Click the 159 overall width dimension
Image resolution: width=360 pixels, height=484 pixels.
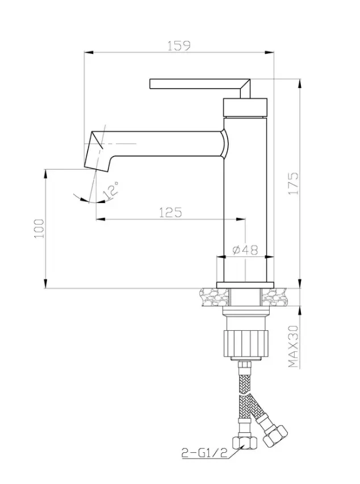coord(179,46)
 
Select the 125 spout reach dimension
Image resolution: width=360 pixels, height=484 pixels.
coord(170,212)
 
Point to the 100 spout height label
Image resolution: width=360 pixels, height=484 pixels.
coord(39,229)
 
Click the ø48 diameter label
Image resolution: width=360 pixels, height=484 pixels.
coord(245,250)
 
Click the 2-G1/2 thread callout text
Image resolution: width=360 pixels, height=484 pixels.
coord(204,453)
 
